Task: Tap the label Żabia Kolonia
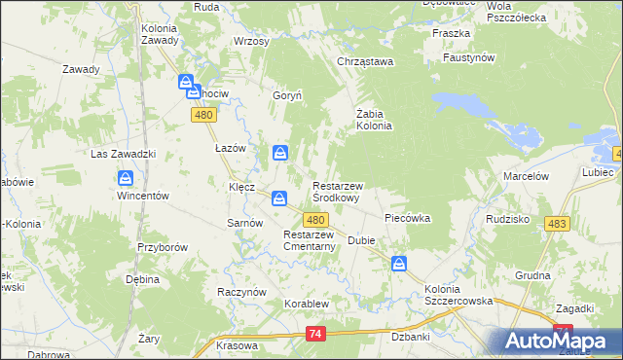tap(374, 119)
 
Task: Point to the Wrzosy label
tap(251, 42)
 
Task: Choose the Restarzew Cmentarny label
tap(310, 240)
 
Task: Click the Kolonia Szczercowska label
tap(458, 295)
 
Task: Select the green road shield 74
tap(313, 334)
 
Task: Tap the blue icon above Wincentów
tap(126, 178)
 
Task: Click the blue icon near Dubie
tap(399, 263)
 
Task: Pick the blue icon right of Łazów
tap(280, 152)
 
